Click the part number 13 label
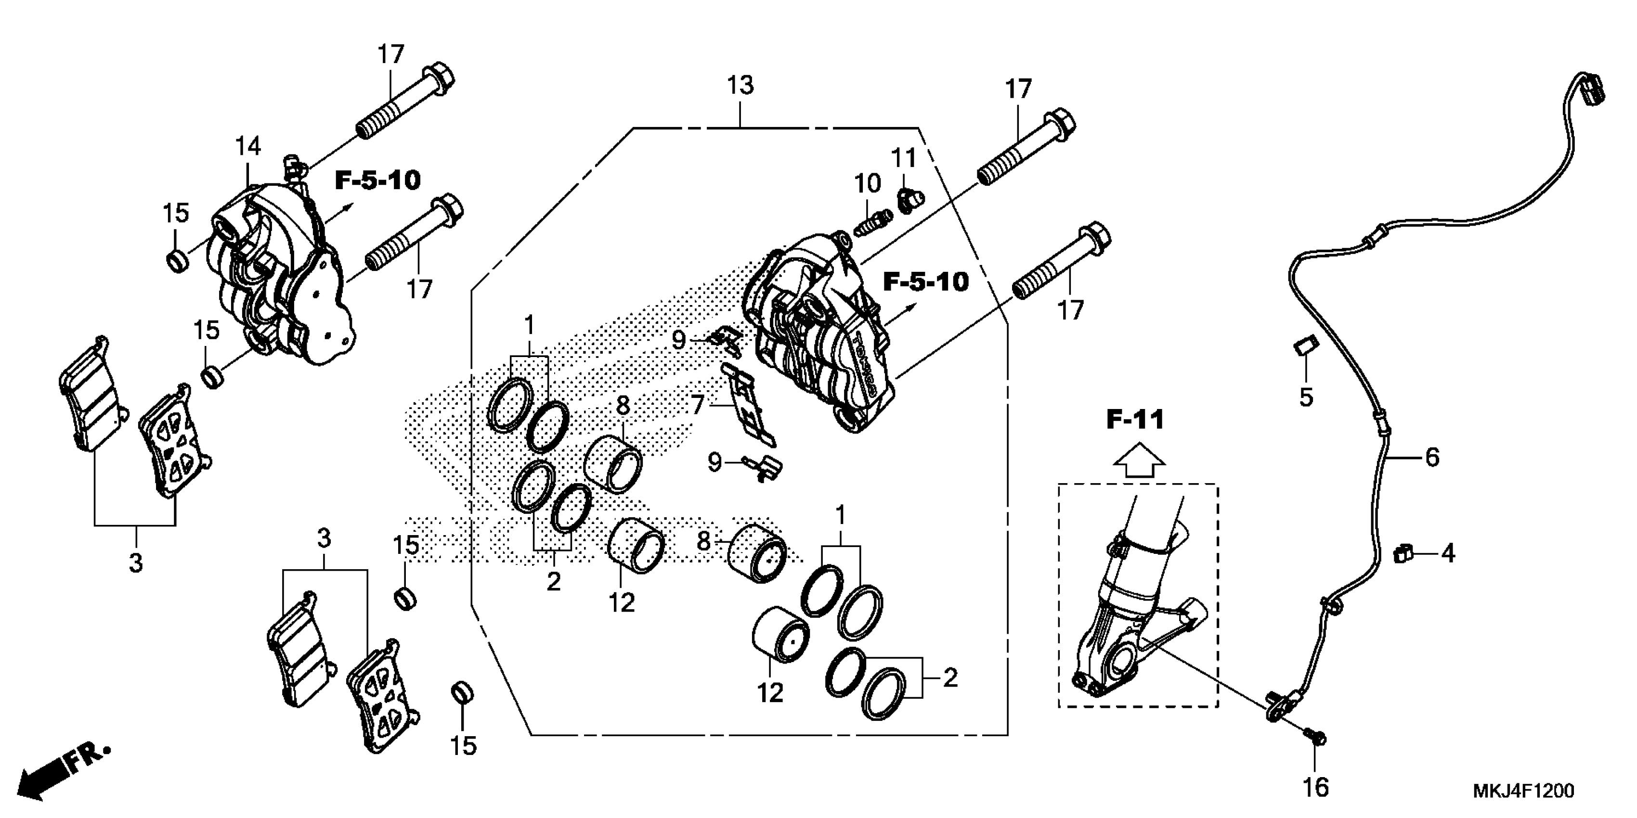pos(741,85)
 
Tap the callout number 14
pos(248,147)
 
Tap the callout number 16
pos(1315,788)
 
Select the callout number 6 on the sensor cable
pos(1432,457)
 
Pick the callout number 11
pos(904,157)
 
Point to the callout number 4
pos(1448,554)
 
